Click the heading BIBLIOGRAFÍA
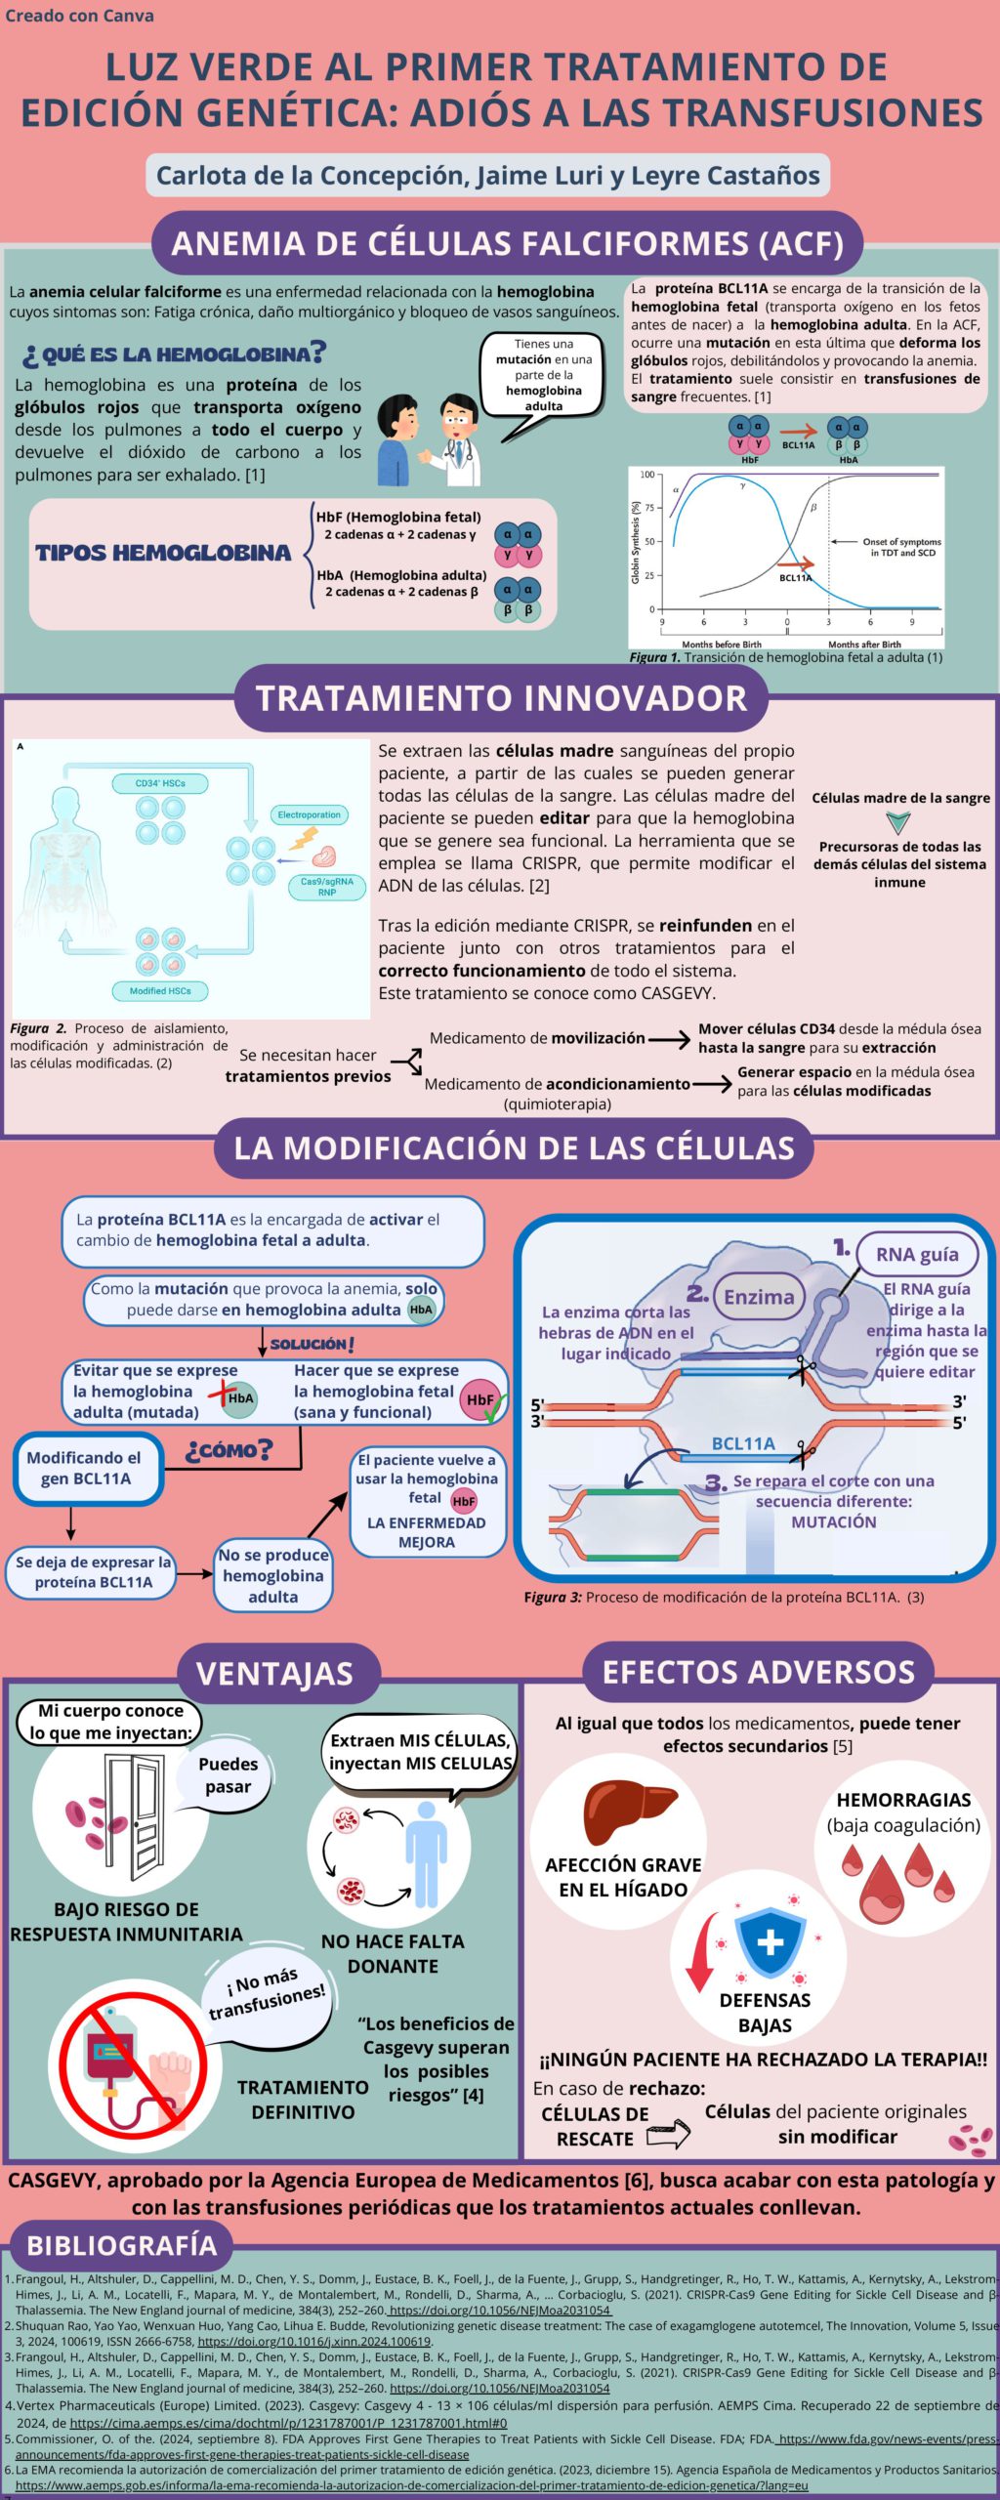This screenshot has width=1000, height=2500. (121, 2244)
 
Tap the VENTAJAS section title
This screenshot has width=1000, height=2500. (274, 1673)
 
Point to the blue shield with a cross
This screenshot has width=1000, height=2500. (770, 1941)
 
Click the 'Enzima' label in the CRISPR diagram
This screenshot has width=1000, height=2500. (759, 1297)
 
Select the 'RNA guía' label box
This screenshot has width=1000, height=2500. (916, 1254)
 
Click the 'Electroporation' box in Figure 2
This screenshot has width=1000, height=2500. (309, 814)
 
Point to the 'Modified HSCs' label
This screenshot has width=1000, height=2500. (160, 990)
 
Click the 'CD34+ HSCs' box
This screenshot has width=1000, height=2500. (160, 783)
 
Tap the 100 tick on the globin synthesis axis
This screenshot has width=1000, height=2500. (647, 476)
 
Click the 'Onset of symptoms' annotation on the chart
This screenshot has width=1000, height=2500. (900, 547)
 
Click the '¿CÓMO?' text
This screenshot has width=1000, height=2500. (229, 1450)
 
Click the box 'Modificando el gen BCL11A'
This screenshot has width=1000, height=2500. (86, 1468)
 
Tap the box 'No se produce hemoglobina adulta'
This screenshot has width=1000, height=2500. (273, 1575)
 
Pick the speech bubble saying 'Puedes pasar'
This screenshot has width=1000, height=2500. (228, 1774)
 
